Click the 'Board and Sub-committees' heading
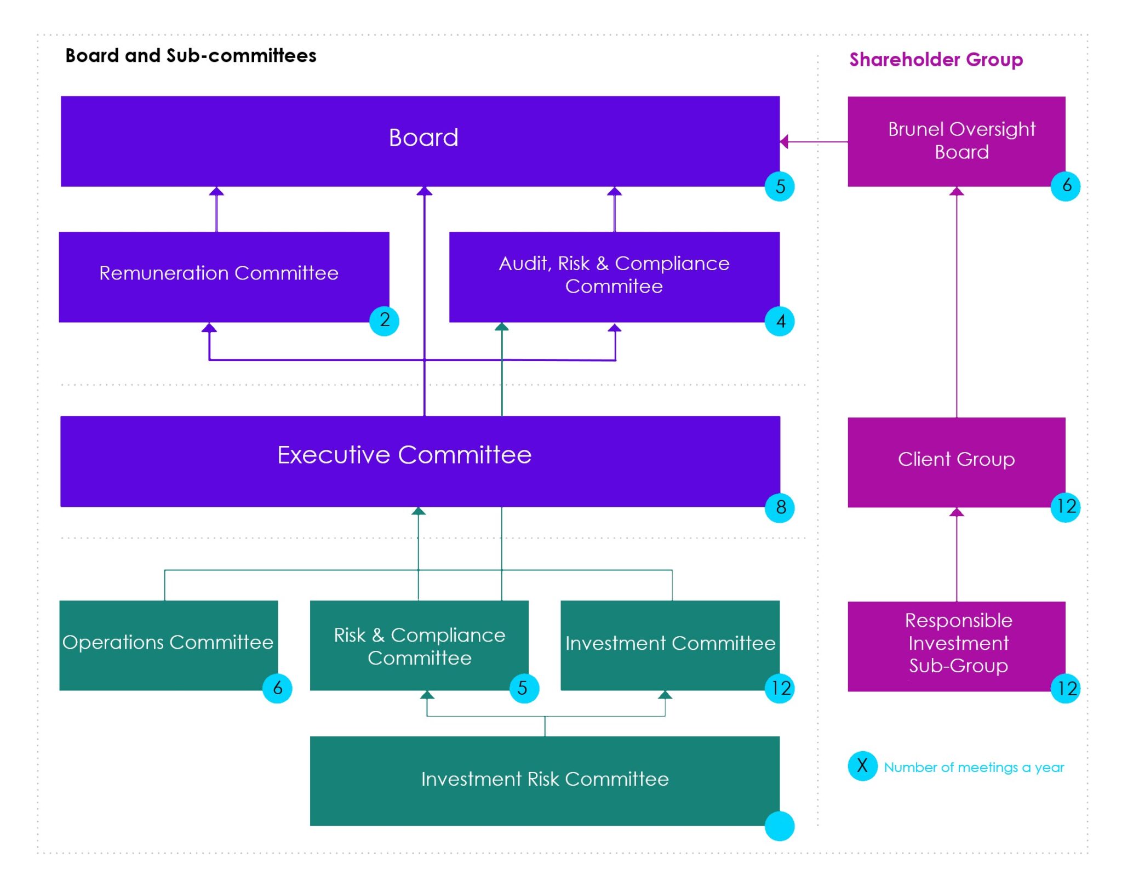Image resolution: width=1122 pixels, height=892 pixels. click(191, 55)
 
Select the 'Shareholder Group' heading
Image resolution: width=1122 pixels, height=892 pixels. click(936, 59)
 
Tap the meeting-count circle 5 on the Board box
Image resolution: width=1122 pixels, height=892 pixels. click(780, 186)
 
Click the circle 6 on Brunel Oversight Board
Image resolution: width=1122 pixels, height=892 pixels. click(1066, 186)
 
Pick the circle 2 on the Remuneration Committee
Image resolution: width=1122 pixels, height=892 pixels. click(384, 321)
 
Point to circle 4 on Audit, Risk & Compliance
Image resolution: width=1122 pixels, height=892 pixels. click(780, 321)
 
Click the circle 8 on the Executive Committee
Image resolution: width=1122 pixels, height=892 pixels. click(780, 507)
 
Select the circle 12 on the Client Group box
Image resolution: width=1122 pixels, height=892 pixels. click(1066, 507)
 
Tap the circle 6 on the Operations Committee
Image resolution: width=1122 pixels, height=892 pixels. click(277, 688)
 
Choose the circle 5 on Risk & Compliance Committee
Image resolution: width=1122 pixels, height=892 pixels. click(524, 688)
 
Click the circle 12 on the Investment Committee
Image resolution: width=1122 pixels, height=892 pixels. click(780, 688)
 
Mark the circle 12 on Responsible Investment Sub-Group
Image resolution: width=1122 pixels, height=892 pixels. click(1066, 688)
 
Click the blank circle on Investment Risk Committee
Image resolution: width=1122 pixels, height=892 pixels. click(780, 826)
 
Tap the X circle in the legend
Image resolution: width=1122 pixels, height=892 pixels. click(862, 766)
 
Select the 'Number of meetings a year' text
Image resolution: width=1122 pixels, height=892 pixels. click(974, 767)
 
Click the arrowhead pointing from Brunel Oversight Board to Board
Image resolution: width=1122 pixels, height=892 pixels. click(785, 142)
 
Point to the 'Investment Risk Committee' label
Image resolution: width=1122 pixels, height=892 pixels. click(545, 779)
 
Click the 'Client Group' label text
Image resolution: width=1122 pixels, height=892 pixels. click(956, 459)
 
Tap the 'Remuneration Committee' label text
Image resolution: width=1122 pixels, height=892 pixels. click(219, 273)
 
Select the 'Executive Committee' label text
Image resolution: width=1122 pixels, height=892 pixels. click(404, 455)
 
